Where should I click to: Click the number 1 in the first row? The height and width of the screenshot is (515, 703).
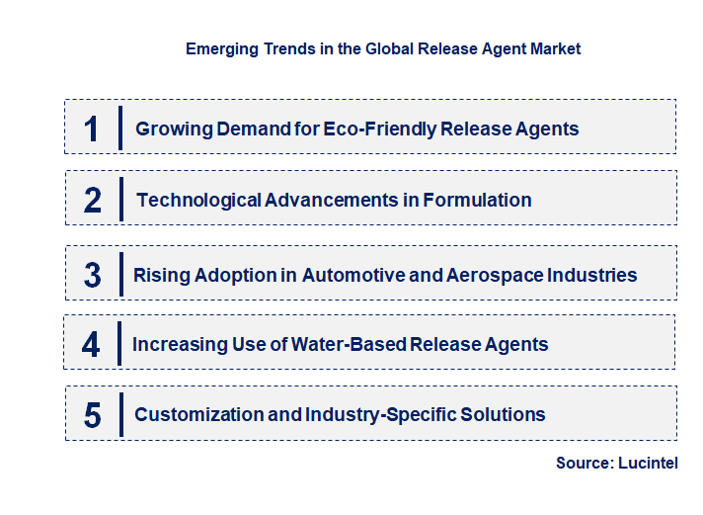click(x=92, y=129)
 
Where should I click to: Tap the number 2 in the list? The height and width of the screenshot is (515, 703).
click(x=93, y=200)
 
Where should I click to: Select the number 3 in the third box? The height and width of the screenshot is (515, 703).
click(x=92, y=276)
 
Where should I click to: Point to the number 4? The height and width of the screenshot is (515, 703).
click(x=91, y=345)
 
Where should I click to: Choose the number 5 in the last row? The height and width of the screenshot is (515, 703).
click(x=92, y=415)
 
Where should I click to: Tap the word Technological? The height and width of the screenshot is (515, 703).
click(x=198, y=200)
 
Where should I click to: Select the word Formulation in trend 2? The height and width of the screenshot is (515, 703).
click(x=477, y=200)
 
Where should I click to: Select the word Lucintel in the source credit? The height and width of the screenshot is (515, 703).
click(x=648, y=463)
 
